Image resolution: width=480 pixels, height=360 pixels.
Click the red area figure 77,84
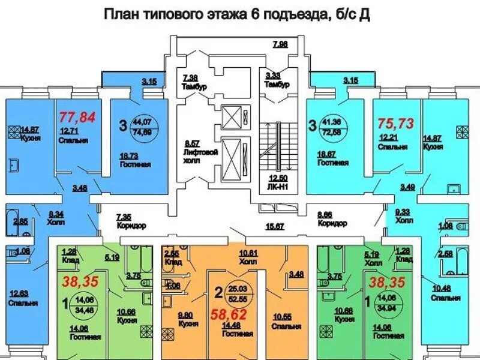(77, 117)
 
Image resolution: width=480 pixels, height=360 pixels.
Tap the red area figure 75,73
(396, 123)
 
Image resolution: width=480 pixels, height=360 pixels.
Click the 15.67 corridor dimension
(275, 226)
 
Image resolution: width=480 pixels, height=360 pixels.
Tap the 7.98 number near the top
(280, 44)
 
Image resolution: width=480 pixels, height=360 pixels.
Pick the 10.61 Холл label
(248, 257)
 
